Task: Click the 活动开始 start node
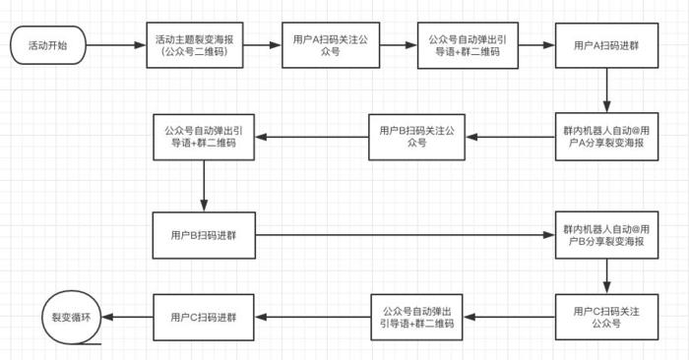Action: pos(46,44)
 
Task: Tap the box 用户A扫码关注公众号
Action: pos(330,44)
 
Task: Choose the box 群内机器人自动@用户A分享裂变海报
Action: pos(603,136)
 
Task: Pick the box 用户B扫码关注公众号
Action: pos(416,136)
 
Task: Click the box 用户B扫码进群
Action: pos(203,235)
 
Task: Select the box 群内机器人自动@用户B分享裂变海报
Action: pos(603,235)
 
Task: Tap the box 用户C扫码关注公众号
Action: pos(603,318)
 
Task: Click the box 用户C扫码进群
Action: pos(203,318)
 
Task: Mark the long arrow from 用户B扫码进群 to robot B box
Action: pos(404,235)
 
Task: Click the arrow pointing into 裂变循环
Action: pos(128,317)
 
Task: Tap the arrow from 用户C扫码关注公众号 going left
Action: pos(511,318)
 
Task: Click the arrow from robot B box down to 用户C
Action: pos(603,276)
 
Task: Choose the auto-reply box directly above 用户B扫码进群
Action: pos(203,136)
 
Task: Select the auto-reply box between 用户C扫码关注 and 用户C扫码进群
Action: pos(416,318)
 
